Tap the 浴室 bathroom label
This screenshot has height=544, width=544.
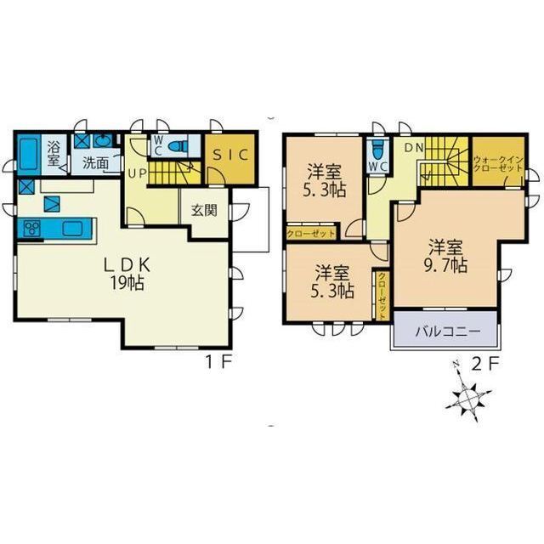coord(54,154)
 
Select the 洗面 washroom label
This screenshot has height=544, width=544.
coord(95,162)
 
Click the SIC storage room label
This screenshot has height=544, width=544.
coord(228,156)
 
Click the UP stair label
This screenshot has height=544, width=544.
coord(137,174)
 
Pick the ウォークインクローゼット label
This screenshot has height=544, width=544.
coord(498,163)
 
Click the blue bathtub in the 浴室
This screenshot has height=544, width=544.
coord(26,154)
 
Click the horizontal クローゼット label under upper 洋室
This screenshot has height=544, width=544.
coord(310,232)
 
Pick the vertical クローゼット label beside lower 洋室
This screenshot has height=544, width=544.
coord(381,289)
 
